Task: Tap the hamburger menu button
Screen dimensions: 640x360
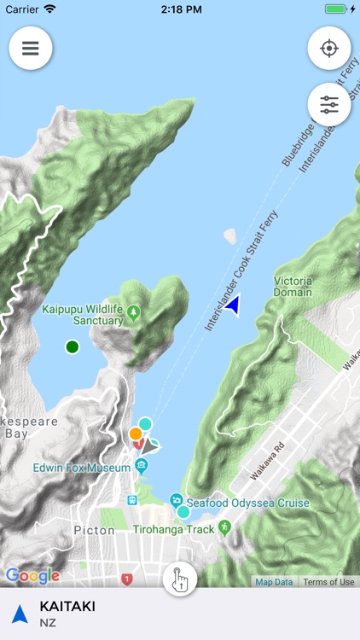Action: (x=31, y=49)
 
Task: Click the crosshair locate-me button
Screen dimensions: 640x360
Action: (x=329, y=49)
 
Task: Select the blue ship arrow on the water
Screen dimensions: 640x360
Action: (x=232, y=304)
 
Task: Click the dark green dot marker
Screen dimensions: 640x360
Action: (x=73, y=346)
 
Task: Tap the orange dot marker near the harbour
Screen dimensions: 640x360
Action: (x=135, y=433)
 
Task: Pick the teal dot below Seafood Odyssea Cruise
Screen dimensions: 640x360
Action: (x=183, y=512)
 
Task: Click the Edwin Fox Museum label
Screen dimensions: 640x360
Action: (x=81, y=468)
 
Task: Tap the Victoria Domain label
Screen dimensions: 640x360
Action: (x=293, y=287)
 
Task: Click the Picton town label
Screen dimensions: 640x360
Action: (x=94, y=530)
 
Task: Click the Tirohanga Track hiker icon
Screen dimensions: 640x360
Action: (x=224, y=527)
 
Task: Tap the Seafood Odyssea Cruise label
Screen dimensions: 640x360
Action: (x=247, y=503)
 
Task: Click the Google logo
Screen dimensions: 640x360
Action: (x=32, y=576)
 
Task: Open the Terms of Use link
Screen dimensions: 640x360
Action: (x=328, y=582)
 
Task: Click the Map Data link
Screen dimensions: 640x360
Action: (x=275, y=582)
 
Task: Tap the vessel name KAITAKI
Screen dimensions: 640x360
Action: (x=67, y=607)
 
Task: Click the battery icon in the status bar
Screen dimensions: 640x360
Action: (x=336, y=9)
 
